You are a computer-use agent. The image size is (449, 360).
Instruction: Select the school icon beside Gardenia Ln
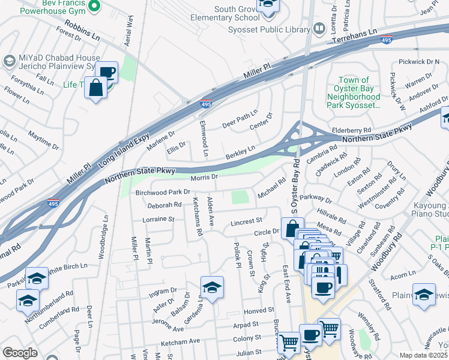[212, 287]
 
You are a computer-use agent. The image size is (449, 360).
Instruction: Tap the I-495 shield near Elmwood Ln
[206, 104]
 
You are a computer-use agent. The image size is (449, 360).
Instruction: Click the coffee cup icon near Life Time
[107, 73]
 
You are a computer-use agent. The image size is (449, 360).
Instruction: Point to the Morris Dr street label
[203, 177]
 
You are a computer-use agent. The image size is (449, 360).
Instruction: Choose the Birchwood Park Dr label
[163, 193]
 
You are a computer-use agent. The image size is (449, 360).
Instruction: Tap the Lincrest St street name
[246, 222]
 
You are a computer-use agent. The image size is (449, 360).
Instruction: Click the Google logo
[20, 353]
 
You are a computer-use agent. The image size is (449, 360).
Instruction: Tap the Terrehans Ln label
[354, 40]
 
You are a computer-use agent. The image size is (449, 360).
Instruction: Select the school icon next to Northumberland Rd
[28, 300]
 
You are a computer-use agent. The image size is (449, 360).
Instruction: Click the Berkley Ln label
[240, 152]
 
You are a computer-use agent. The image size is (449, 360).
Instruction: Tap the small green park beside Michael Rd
[240, 197]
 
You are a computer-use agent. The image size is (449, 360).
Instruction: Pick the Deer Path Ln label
[240, 115]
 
